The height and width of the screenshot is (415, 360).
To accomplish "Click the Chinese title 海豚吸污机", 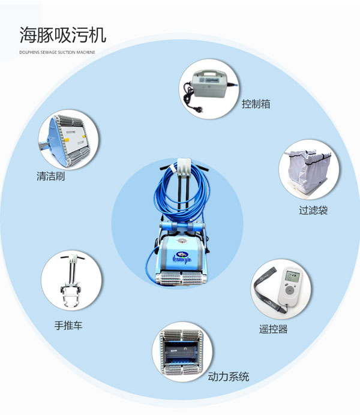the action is pos(63,35).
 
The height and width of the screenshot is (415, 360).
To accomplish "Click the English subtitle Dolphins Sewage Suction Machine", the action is pos(57,52).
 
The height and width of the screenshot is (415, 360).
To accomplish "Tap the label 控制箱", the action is pos(256,104).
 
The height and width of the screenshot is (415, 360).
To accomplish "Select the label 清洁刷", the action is pos(50,176).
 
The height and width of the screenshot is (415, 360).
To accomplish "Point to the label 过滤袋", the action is pos(313,210).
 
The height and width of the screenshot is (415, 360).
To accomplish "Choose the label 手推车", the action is pos(68,325).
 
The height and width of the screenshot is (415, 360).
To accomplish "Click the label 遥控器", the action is pos(273,329).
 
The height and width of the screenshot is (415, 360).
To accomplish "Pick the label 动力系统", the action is pos(229,377).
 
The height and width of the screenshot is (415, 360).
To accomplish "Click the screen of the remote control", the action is pos(292,276).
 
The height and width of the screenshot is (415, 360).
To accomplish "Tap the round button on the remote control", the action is pos(289,290).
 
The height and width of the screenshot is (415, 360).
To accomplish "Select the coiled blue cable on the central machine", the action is pos(181,193).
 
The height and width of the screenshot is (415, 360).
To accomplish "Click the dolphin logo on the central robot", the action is pos(182,255).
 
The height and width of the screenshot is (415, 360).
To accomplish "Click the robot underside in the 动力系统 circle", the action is pos(182,352).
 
